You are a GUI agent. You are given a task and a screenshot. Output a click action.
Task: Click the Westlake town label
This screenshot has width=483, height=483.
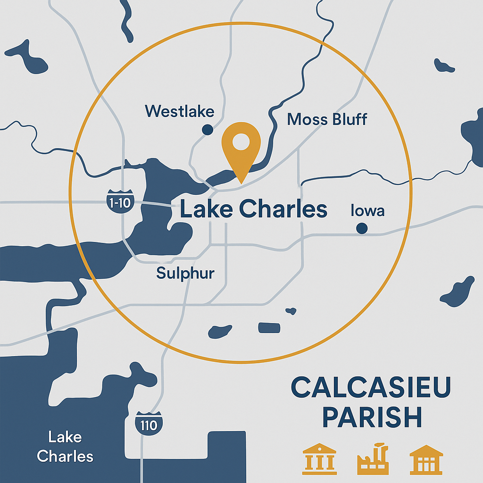(179, 111)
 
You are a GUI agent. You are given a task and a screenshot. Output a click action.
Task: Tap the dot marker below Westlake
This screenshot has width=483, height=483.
(206, 130)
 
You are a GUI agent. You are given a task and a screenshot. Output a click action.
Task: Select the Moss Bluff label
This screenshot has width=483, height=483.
(327, 119)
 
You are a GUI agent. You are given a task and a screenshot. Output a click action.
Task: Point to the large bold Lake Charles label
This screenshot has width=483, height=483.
(254, 209)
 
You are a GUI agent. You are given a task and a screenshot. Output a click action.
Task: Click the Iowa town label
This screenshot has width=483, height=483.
(367, 210)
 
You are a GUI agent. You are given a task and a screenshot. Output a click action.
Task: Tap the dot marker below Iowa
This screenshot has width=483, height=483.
(362, 228)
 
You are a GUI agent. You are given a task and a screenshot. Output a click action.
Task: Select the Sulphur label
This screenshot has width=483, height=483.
(185, 273)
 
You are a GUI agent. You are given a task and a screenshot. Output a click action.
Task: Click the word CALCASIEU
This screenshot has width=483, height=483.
(371, 388)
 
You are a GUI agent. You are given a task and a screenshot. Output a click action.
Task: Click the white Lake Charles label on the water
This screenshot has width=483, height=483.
(65, 446)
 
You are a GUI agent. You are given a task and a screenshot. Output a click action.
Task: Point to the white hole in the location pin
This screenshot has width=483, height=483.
(241, 141)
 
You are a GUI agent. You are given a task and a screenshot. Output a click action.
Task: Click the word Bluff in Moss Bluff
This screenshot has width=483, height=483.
(347, 119)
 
